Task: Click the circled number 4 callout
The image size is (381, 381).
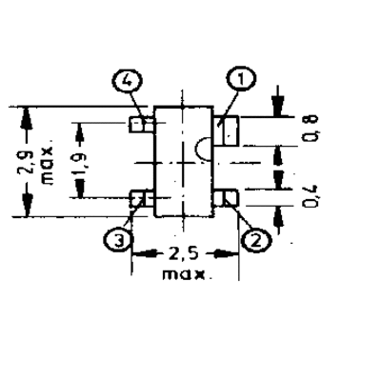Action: pos(127,82)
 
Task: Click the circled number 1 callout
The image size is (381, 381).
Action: pos(241,79)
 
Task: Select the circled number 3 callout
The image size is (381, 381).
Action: pos(118,242)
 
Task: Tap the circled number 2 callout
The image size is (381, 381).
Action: pos(256,241)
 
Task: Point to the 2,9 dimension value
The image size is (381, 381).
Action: pos(26,162)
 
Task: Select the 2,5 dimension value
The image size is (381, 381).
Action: pos(183,254)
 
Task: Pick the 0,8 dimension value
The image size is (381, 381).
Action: pos(310,128)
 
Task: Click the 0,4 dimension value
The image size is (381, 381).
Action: pos(310,197)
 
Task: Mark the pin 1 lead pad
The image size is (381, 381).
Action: pos(226,130)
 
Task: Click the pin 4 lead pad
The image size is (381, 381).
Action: pos(142,124)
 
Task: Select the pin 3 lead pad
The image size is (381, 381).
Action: pos(142,198)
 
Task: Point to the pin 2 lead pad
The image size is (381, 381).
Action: pos(226,197)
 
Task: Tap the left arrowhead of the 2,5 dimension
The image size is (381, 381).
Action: pos(145,254)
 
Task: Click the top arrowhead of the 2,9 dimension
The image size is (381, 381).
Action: pos(26,118)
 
